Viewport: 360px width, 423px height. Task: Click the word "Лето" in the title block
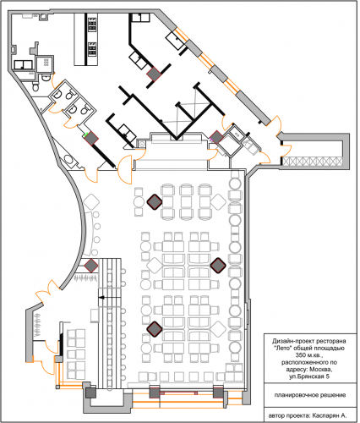pyautogui.click(x=281, y=348)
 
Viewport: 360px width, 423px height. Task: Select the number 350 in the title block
pyautogui.click(x=301, y=355)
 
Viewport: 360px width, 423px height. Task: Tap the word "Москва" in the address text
pyautogui.click(x=321, y=370)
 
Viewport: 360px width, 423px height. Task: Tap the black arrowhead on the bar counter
pyautogui.click(x=101, y=298)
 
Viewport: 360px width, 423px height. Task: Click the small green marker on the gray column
pyautogui.click(x=87, y=134)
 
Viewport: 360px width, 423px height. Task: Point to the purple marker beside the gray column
pyautogui.click(x=210, y=139)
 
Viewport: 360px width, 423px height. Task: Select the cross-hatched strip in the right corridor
pyautogui.click(x=312, y=162)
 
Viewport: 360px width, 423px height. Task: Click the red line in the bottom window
pyautogui.click(x=178, y=393)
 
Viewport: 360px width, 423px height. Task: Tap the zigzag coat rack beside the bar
pyautogui.click(x=86, y=278)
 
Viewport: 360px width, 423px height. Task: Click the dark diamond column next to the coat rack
pyautogui.click(x=91, y=266)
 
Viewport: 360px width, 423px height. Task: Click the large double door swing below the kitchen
pyautogui.click(x=125, y=169)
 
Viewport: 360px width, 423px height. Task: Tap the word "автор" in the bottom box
pyautogui.click(x=276, y=415)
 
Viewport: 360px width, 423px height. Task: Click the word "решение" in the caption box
pyautogui.click(x=335, y=395)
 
